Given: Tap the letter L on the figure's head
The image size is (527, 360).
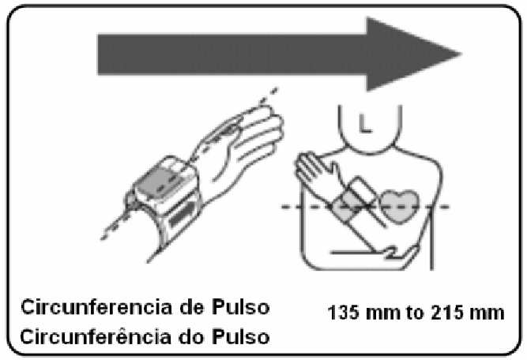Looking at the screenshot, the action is tap(365, 123).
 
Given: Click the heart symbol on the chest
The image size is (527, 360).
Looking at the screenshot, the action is tap(400, 206).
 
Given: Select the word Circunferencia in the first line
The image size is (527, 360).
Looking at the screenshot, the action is tap(96, 307).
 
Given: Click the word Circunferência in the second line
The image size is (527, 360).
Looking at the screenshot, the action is tap(96, 336).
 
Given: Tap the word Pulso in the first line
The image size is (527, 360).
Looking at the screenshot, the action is tap(241, 307).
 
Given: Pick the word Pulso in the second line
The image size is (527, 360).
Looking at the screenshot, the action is tap(241, 336).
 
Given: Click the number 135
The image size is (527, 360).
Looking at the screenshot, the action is tap(344, 313).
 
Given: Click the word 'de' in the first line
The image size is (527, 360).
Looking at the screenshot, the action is tap(192, 307).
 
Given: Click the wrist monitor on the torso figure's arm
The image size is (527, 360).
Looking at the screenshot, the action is tap(354, 198).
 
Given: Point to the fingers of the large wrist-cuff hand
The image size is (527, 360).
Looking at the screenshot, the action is tap(257, 134).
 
